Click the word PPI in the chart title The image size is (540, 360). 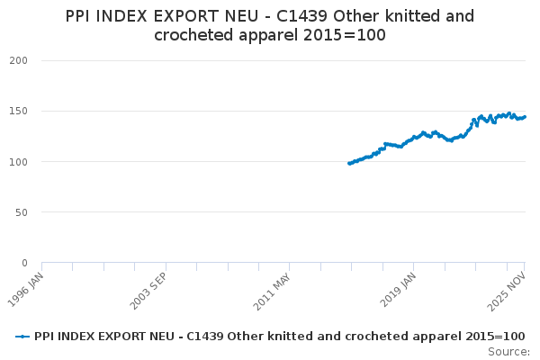click(82, 16)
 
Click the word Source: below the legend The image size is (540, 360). click(509, 352)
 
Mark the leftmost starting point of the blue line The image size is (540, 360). click(348, 163)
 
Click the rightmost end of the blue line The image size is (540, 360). click(525, 117)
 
